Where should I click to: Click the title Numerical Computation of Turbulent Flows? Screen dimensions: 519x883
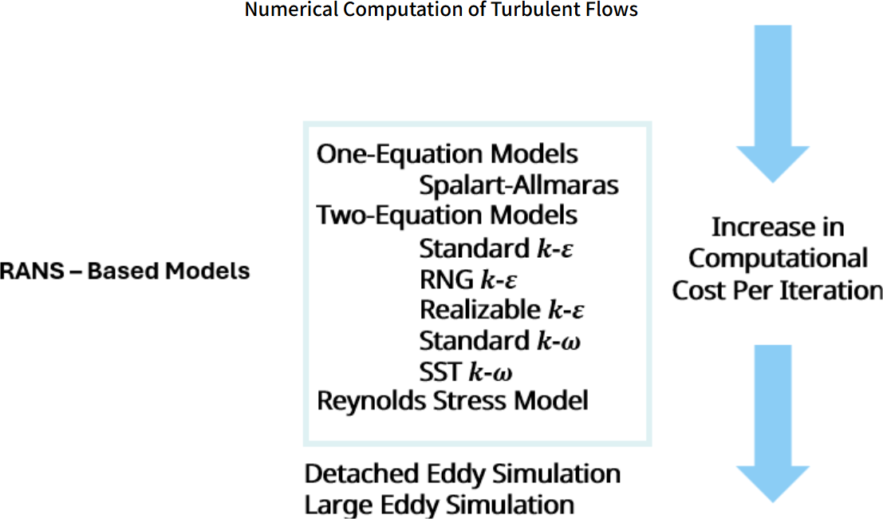(441, 10)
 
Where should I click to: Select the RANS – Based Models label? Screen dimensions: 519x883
(125, 271)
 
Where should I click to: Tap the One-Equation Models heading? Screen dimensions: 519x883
(447, 153)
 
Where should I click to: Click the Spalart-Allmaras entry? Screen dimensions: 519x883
(518, 185)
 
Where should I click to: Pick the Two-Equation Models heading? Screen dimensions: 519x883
(447, 216)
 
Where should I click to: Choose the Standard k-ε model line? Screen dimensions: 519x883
(497, 248)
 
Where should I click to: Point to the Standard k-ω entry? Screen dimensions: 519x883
(499, 341)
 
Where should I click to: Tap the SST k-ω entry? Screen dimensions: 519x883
(466, 371)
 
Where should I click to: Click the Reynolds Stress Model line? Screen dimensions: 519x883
(452, 400)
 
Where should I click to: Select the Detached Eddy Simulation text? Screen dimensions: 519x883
(462, 473)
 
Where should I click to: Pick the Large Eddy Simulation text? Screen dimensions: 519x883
(439, 505)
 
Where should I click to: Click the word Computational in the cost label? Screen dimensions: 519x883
(778, 259)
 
